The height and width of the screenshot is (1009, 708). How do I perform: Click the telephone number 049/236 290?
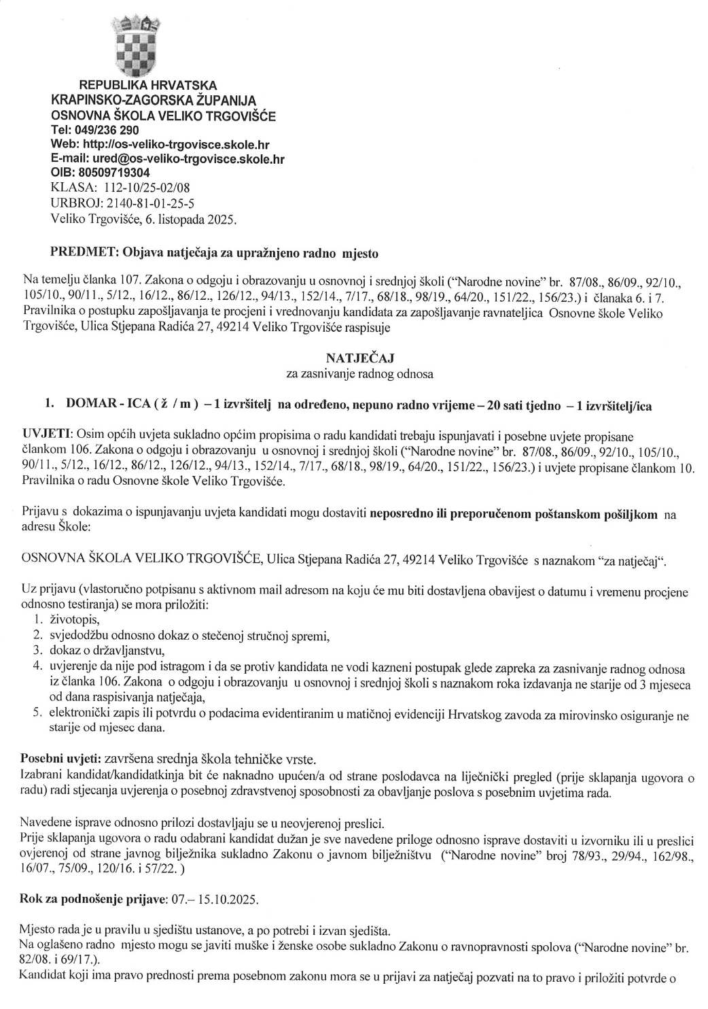click(x=109, y=129)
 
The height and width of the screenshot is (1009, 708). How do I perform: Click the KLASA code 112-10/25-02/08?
click(x=154, y=188)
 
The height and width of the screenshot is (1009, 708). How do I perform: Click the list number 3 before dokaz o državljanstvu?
click(x=38, y=650)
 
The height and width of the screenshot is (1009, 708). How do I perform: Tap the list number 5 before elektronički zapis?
click(x=38, y=713)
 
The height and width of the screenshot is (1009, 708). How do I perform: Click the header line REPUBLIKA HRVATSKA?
click(x=149, y=85)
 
